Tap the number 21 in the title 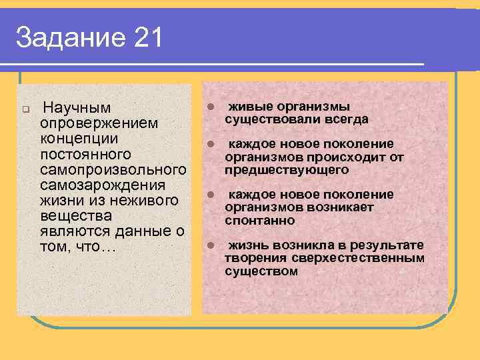147,38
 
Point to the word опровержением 99,123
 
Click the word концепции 79,139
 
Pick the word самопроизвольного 113,170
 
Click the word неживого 146,201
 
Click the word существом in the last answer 261,271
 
